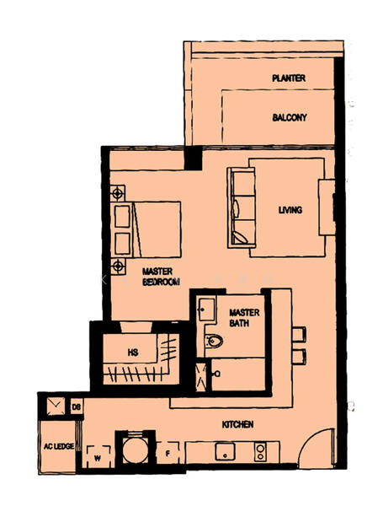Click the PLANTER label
click(288, 78)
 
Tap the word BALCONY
click(289, 118)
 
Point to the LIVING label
click(290, 210)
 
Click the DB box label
click(76, 408)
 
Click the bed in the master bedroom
click(156, 229)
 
